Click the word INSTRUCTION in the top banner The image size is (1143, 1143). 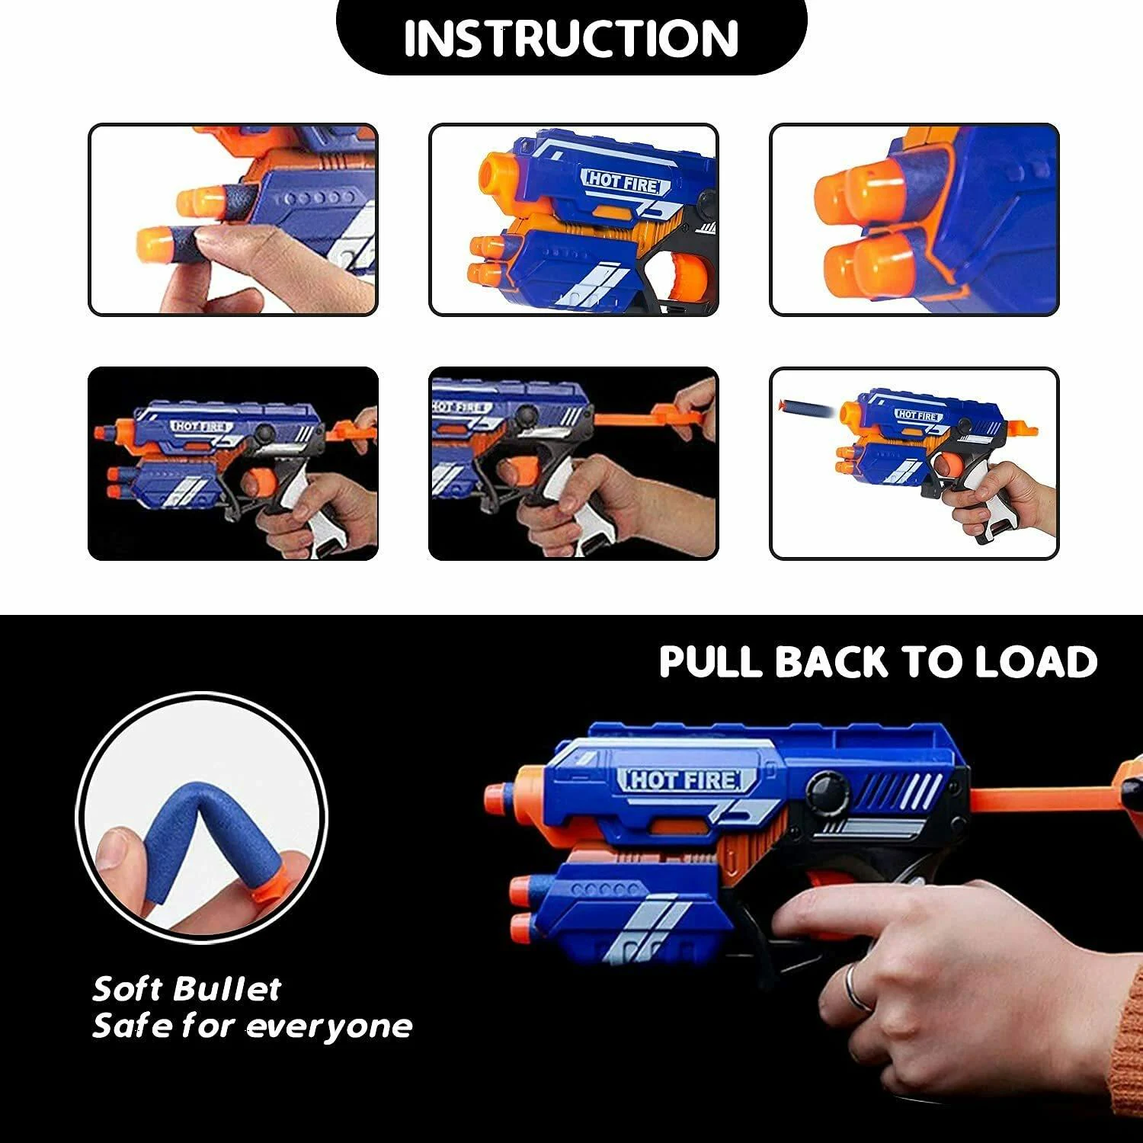pos(571,37)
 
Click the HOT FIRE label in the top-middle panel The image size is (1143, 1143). pos(626,181)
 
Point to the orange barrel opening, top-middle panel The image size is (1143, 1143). pos(498,174)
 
